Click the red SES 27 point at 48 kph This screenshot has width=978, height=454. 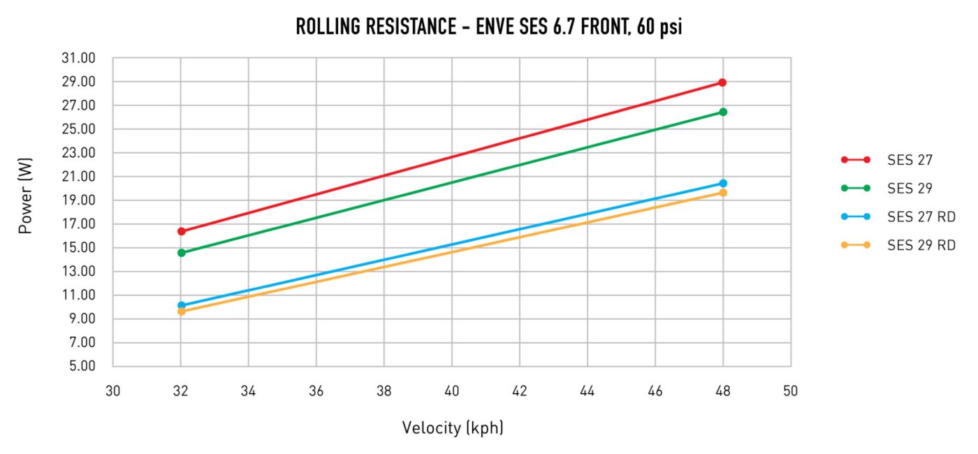722,82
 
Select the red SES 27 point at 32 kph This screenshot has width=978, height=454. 181,231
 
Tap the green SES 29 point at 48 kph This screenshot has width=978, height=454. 722,112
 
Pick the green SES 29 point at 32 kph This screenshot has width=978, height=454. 181,252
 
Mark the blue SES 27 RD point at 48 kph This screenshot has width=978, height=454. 722,183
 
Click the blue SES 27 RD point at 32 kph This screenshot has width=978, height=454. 181,305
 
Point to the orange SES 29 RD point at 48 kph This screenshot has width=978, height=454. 722,192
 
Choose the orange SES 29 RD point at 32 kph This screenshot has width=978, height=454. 181,312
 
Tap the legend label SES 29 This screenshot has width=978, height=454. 910,188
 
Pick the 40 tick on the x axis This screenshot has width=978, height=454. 452,391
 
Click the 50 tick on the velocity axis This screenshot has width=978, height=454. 790,391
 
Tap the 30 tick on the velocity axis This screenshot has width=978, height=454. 113,391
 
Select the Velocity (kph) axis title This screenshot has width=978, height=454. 452,427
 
